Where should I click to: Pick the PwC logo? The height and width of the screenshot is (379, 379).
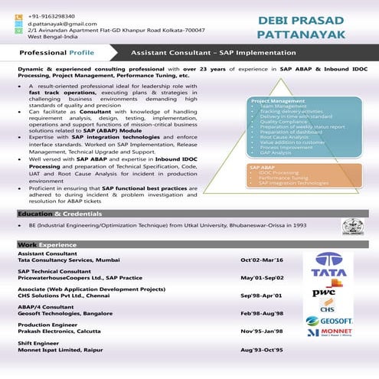[324, 292]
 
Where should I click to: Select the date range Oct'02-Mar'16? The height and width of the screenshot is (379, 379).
[261, 261]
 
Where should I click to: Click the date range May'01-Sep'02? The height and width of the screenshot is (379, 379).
[263, 278]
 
